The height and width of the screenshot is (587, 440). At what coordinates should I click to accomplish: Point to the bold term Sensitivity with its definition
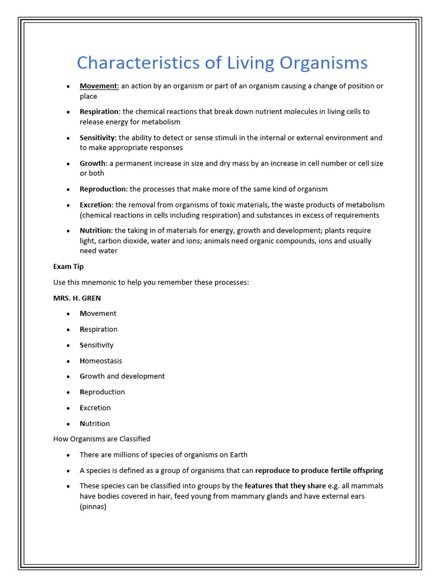[97, 138]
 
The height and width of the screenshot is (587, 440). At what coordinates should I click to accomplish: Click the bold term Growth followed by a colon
[93, 163]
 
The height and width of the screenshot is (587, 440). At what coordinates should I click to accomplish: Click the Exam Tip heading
[68, 267]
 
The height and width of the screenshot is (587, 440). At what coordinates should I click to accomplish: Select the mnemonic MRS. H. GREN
[77, 298]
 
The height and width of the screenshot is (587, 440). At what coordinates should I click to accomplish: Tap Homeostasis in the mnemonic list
[101, 361]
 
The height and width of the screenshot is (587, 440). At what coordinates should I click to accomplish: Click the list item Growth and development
[122, 376]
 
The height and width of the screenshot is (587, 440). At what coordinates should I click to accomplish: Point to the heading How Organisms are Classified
[101, 439]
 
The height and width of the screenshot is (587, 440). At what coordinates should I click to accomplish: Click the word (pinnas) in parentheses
[93, 507]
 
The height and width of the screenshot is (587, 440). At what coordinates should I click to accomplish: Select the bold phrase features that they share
[285, 486]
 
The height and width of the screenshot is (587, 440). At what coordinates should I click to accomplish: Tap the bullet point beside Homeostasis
[68, 361]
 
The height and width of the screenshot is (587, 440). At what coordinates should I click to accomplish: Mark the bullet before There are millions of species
[68, 455]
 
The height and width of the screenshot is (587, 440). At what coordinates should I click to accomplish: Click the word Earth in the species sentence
[238, 455]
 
